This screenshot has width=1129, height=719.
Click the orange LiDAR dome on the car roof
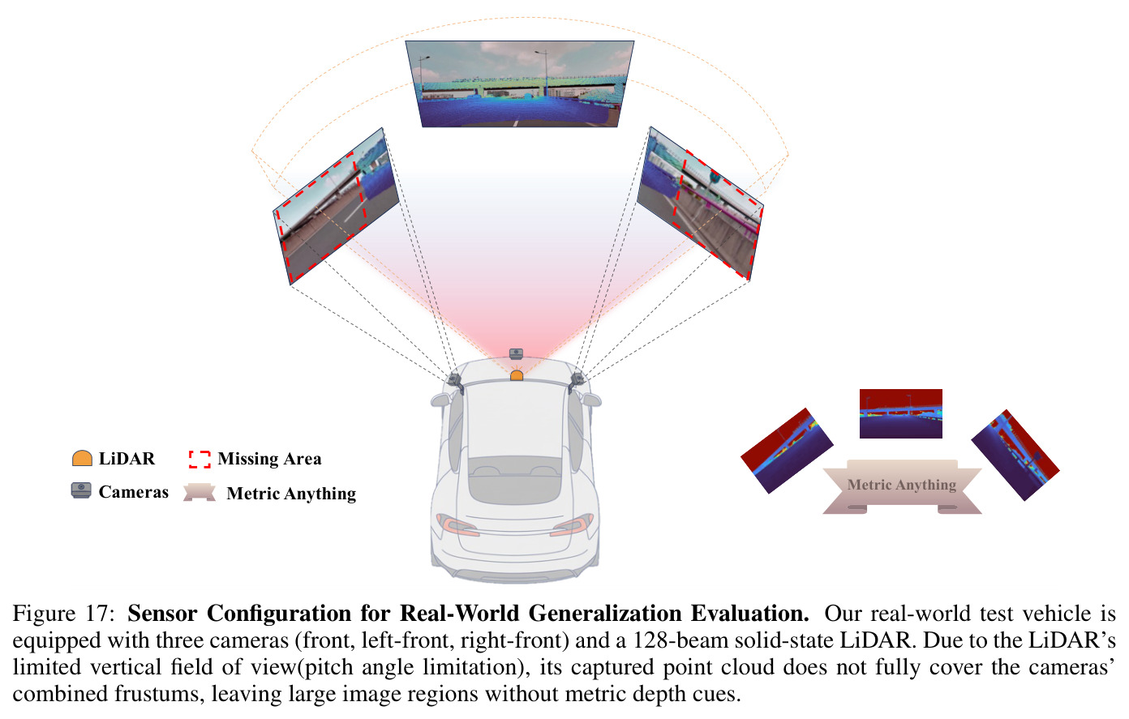(517, 375)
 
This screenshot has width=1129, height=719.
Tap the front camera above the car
(516, 353)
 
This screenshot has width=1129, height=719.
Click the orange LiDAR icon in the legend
(82, 458)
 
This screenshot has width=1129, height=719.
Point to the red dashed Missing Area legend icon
(200, 459)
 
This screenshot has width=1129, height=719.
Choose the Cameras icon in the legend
(81, 490)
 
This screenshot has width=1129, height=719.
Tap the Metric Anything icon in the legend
(200, 492)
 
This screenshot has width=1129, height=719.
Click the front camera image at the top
(520, 83)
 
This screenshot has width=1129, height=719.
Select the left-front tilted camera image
(336, 206)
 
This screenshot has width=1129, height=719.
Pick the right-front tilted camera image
(701, 203)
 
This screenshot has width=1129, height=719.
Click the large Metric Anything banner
(902, 486)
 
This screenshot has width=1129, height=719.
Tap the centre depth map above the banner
(900, 413)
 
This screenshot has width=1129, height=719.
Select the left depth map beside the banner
(787, 451)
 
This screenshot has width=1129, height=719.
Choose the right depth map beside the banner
(1015, 455)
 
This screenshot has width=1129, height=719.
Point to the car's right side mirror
(592, 400)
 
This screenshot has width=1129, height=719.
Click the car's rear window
(515, 480)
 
